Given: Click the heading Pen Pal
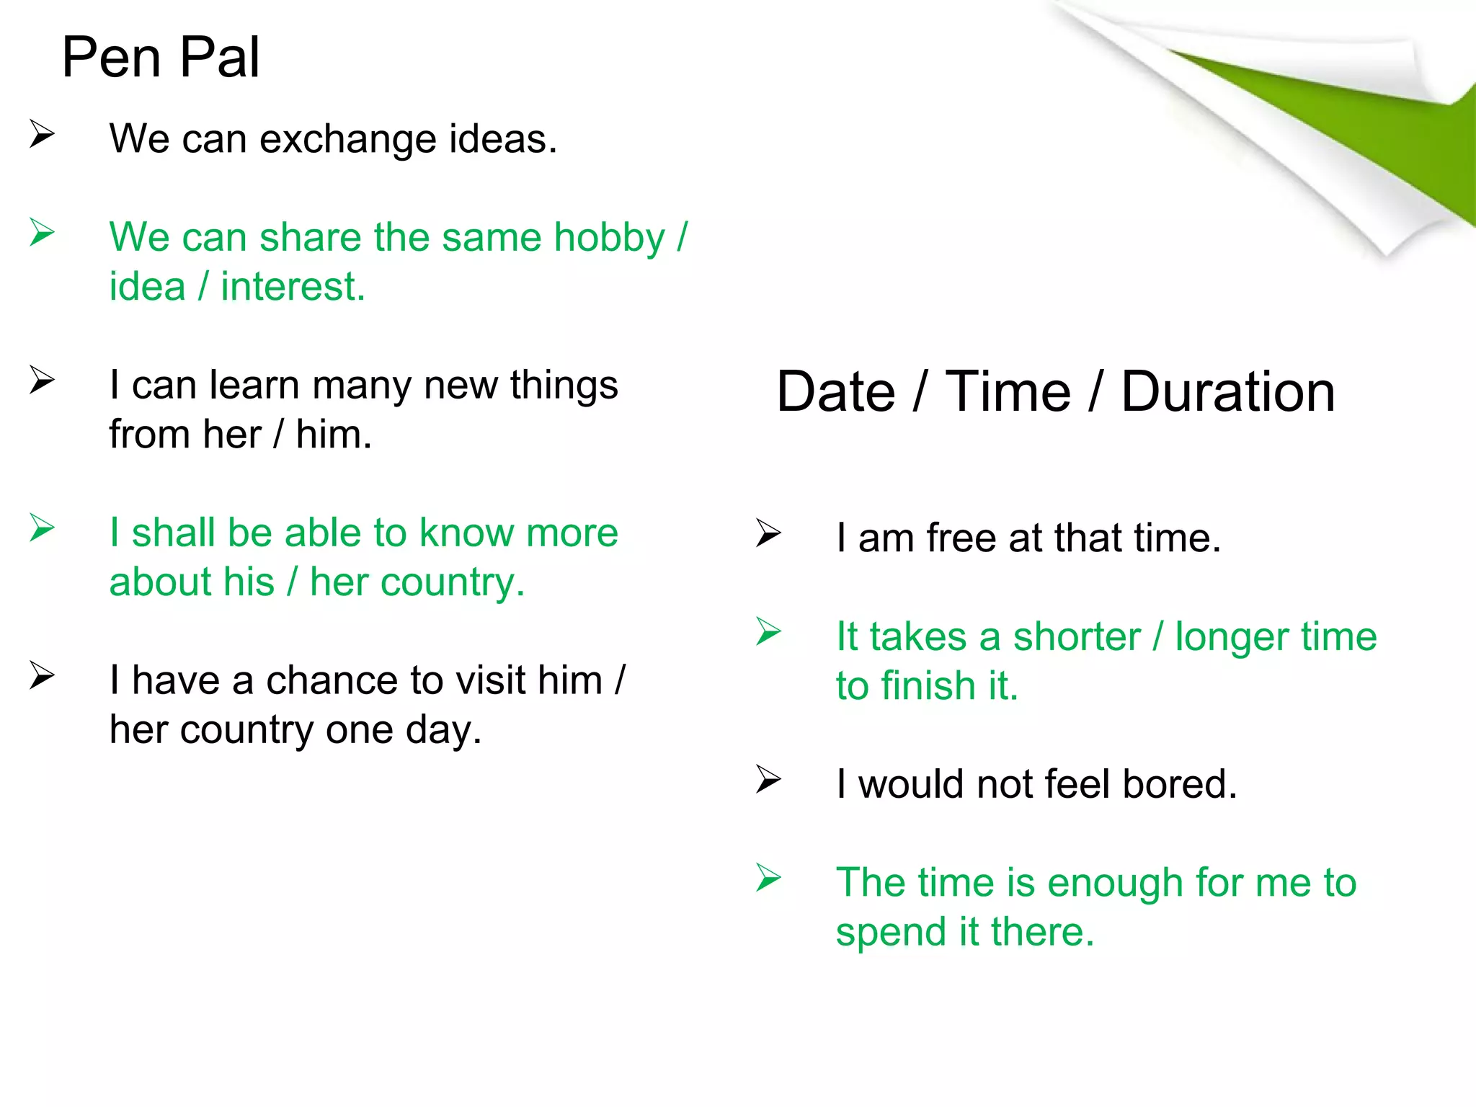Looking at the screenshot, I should [160, 58].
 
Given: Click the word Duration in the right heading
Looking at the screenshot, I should [1227, 392].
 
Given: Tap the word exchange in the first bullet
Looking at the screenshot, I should [347, 139].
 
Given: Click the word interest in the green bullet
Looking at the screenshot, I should [292, 287].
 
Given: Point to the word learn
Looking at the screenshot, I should [252, 385].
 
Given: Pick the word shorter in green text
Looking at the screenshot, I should [1077, 637].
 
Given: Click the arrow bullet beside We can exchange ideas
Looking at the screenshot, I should [42, 134].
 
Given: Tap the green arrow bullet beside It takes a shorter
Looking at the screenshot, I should [768, 632].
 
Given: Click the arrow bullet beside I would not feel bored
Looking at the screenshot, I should [768, 780].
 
